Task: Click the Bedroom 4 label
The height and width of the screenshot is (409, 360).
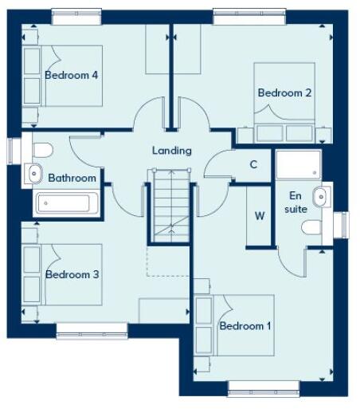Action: (x=71, y=76)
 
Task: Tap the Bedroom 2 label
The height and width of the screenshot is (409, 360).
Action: (x=284, y=92)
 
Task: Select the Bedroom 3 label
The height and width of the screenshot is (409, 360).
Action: (x=72, y=274)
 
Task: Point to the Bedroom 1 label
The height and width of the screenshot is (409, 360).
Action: (x=245, y=325)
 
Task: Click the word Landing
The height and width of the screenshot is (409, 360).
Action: (x=171, y=150)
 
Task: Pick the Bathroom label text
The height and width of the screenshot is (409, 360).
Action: (x=72, y=178)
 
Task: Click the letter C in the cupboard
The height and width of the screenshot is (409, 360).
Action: (x=253, y=165)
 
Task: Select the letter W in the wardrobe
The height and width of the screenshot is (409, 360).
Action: (x=260, y=215)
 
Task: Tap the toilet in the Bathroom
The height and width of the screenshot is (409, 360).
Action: (x=41, y=148)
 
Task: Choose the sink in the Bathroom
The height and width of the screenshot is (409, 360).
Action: (x=35, y=171)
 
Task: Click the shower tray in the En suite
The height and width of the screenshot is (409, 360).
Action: (x=299, y=165)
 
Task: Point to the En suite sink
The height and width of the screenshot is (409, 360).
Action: (x=320, y=195)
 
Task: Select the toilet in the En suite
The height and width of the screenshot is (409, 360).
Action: (x=314, y=229)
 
